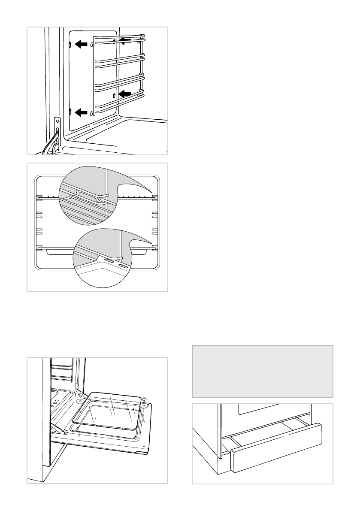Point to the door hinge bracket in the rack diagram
point(57,129)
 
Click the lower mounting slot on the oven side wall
point(70,112)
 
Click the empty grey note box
point(263,371)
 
